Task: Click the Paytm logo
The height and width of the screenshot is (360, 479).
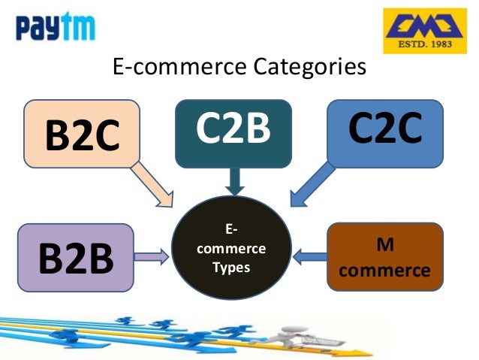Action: point(56,29)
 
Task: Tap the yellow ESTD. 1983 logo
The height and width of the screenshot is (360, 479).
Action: point(420,31)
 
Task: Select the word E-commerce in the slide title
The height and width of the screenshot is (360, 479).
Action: point(172,67)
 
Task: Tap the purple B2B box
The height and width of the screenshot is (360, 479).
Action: point(75,258)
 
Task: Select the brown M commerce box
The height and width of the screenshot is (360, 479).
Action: point(384,257)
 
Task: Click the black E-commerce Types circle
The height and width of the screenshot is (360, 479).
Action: point(231,249)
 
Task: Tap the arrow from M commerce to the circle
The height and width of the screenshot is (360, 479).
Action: point(309,257)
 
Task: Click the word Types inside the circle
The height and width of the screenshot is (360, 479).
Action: point(231,267)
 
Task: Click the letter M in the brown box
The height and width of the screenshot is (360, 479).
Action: point(384,246)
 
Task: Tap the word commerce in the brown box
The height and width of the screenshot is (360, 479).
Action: point(384,270)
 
